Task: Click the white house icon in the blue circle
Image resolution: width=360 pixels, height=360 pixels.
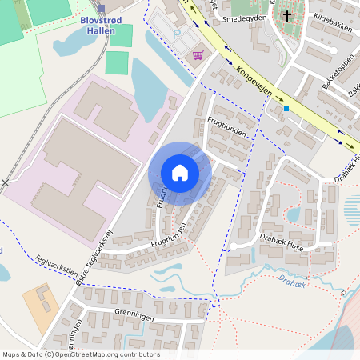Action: (x=179, y=173)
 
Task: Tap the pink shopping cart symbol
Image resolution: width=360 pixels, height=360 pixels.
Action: (x=198, y=55)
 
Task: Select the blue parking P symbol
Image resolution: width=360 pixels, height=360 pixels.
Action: (x=176, y=34)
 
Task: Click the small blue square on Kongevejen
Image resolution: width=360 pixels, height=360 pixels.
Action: (x=286, y=109)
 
